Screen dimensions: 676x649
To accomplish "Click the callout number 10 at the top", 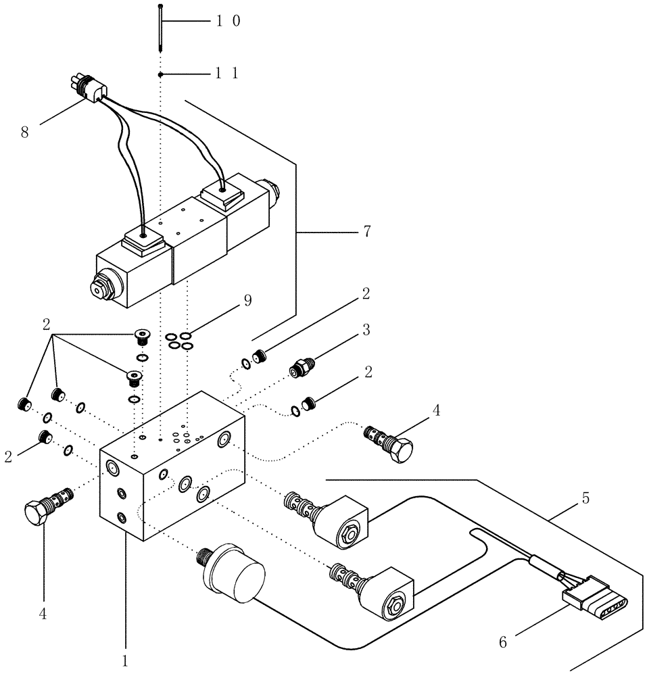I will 229,22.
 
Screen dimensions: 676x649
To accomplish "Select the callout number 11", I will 227,74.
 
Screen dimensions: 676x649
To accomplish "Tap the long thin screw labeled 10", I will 160,27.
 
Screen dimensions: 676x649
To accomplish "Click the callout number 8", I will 24,131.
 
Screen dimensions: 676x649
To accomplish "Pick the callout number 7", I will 366,232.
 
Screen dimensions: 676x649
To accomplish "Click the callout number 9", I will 248,301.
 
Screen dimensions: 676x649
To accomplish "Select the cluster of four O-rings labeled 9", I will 179,341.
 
